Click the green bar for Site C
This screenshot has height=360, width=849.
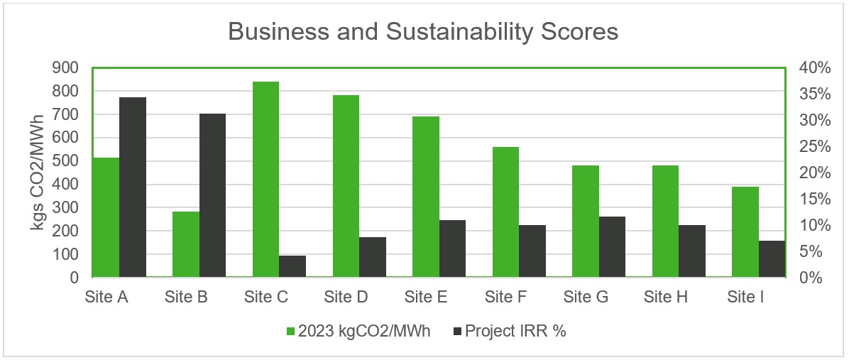[265, 179]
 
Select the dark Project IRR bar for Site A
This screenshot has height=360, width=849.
[133, 187]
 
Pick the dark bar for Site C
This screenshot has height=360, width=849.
[292, 266]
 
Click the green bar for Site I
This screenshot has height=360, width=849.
[745, 231]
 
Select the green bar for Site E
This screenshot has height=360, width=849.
[426, 197]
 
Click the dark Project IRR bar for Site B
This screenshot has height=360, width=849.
[212, 195]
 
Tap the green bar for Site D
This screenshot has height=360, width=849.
[346, 186]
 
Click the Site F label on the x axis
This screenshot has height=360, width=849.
[505, 297]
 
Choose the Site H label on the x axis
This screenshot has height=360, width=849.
[666, 297]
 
